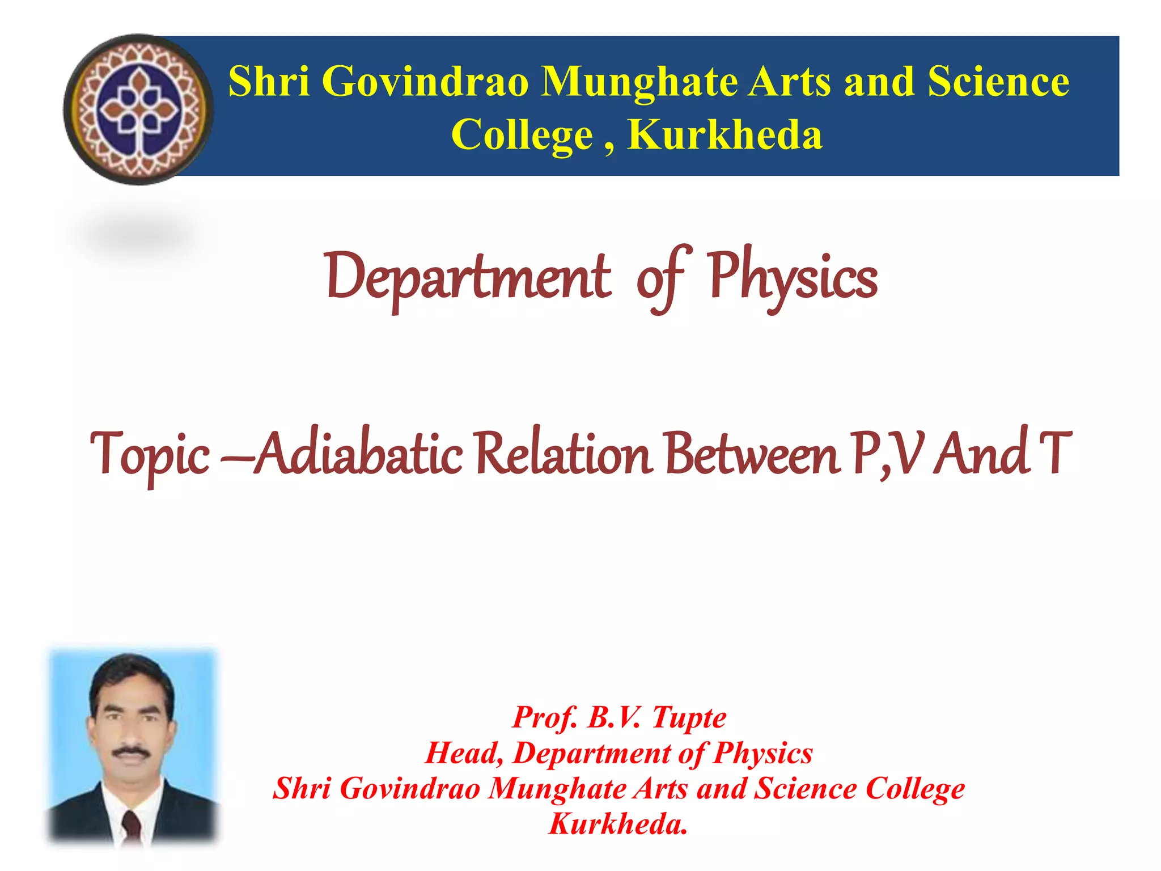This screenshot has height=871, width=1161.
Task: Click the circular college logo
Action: [138, 109]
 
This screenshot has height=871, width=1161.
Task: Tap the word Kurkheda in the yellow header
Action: [725, 136]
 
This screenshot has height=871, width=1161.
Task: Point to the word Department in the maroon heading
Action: [468, 278]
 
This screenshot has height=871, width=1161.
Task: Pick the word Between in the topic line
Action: [752, 454]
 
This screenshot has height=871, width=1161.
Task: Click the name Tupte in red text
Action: [689, 717]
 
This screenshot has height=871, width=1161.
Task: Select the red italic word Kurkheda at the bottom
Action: [618, 824]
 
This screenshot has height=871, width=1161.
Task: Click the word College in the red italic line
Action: [915, 789]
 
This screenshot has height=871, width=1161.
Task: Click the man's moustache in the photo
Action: [131, 752]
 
